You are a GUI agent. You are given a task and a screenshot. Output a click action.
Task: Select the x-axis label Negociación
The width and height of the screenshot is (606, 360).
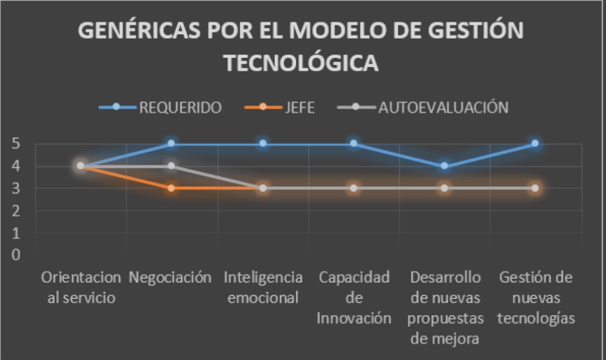coord(171,277)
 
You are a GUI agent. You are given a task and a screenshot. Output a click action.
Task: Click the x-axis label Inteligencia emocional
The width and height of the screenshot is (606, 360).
coord(263,288)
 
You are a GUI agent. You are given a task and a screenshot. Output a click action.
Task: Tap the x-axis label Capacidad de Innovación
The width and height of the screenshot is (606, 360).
coord(354,298)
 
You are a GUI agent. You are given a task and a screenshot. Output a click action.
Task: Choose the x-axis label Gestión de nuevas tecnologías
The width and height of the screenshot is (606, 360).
coord(536,298)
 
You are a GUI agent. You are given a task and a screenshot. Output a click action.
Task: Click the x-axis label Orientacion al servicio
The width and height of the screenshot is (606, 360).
coord(81,288)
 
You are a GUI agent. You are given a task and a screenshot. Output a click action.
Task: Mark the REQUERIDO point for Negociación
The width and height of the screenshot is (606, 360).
coord(171,143)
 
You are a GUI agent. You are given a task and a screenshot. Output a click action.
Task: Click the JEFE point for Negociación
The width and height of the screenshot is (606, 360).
coord(171,188)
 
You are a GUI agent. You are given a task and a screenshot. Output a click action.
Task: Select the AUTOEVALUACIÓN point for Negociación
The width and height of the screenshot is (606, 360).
coord(171,166)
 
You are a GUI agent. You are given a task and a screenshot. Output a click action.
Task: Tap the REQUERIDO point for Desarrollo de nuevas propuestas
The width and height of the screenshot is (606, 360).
coord(444,166)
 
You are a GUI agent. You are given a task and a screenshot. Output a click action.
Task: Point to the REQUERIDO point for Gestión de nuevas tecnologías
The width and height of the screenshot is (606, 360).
coord(535,143)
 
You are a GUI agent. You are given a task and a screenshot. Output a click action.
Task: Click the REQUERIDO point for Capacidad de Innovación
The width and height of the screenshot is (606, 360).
coord(354,143)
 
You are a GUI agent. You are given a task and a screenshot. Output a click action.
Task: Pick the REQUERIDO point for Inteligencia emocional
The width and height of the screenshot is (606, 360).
coord(263,143)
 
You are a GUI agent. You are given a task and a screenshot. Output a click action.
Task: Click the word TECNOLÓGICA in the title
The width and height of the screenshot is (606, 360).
coord(301,63)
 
